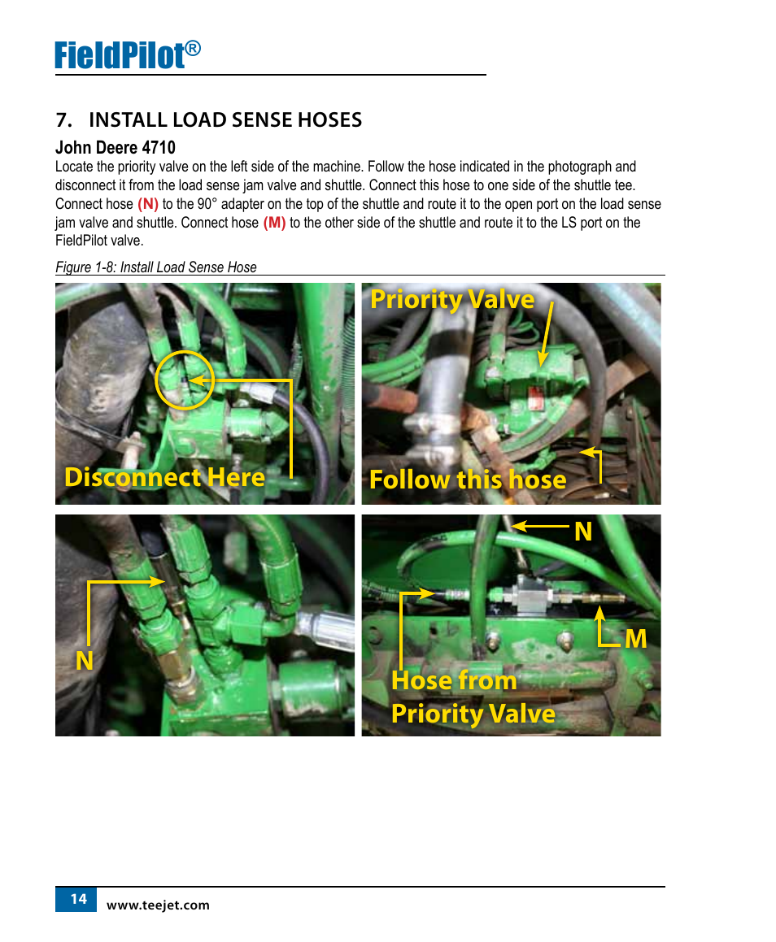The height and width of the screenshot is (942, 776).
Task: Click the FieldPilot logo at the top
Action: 128,55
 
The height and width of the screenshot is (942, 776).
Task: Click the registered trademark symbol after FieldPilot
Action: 192,48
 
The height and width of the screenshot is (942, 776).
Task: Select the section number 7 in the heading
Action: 63,120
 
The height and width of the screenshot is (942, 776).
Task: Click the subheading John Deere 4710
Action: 116,148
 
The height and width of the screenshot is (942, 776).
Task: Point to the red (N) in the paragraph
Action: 148,204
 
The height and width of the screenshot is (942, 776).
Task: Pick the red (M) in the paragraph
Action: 274,223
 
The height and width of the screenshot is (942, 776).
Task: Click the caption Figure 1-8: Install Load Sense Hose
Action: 155,267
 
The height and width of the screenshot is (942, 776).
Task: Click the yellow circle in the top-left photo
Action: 185,351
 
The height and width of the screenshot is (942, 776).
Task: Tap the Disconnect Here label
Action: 164,478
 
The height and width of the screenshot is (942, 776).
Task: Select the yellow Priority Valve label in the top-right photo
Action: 452,299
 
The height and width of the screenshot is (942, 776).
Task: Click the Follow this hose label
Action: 468,480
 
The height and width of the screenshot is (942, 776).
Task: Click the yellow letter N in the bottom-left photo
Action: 84,661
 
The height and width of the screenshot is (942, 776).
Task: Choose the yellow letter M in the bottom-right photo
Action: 636,639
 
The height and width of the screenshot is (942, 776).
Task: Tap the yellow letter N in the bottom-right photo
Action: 583,532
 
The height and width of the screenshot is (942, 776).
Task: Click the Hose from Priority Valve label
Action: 473,697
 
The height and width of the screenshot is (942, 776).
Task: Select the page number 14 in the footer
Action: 79,900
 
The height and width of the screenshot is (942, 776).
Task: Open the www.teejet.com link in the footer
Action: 158,905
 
